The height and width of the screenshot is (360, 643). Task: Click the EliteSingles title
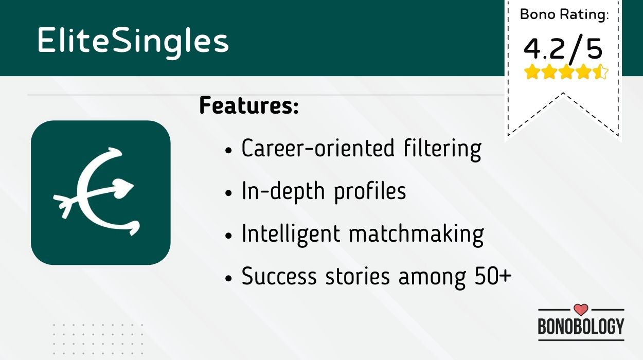[133, 42]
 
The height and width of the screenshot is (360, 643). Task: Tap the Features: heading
[249, 105]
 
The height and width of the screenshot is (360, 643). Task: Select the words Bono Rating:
[564, 14]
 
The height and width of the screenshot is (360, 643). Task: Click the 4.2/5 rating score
[563, 49]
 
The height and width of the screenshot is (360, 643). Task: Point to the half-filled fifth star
[600, 72]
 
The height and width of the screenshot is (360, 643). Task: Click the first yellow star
[531, 72]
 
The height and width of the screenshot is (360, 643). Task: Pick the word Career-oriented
[318, 149]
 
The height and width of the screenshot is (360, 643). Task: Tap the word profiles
[370, 192]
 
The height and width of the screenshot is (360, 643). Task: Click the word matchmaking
[417, 235]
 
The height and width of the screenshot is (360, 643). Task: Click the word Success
[279, 277]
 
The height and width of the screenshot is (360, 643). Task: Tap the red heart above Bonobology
[581, 310]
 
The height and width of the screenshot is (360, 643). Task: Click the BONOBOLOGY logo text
[581, 326]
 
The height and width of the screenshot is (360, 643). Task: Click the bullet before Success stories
[228, 278]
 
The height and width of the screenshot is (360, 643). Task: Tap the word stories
[358, 277]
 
